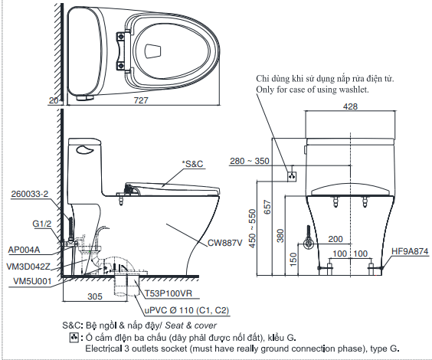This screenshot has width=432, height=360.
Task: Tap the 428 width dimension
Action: pos(350,106)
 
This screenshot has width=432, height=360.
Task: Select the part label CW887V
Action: pos(224,243)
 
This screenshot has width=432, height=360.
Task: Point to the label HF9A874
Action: pos(410,250)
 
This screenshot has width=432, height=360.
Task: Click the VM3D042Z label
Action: pos(28,266)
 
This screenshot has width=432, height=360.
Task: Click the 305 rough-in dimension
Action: pos(96,296)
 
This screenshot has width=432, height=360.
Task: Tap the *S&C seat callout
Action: pos(193,163)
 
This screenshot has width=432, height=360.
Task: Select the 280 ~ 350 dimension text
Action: pos(250,161)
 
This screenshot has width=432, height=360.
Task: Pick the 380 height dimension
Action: pos(280,233)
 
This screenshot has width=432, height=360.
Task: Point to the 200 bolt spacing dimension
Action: pos(334,239)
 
